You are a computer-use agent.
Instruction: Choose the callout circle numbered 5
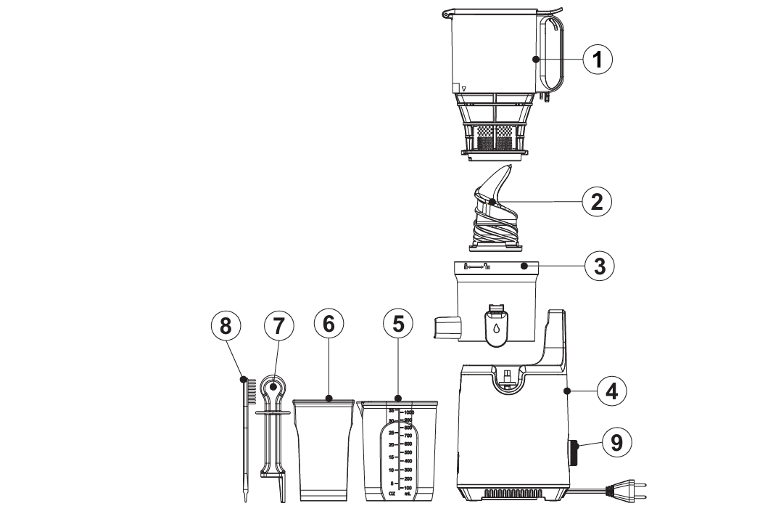397,326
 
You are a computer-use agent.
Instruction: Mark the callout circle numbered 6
329,326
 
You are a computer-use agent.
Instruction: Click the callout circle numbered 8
226,326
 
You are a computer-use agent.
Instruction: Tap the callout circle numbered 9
616,442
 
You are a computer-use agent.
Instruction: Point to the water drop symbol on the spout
495,328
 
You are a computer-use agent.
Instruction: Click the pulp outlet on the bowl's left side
445,327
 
